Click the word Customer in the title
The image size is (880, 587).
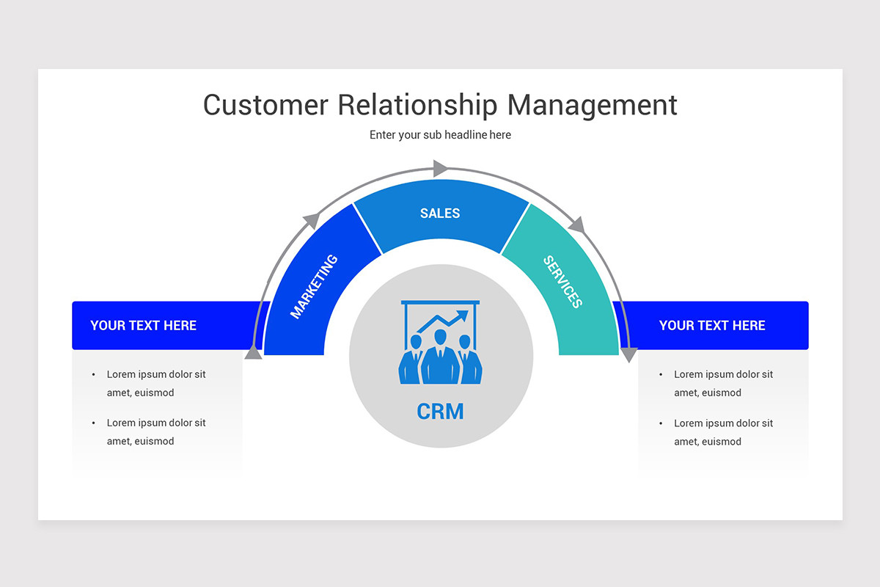pos(265,105)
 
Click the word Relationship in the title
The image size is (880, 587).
pos(417,105)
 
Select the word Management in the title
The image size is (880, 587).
pos(593,105)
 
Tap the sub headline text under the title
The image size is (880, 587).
pos(440,135)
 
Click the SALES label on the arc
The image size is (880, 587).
pos(440,214)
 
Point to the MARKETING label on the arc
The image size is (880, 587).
pos(314,286)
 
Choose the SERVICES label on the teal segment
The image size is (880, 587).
pos(563,282)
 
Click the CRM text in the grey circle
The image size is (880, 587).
pos(440,412)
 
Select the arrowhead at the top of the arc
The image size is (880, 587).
pos(441,169)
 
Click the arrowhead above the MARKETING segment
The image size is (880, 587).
pos(312,220)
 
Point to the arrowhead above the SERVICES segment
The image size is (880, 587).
pos(577,225)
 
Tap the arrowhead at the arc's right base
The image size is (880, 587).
pos(628,355)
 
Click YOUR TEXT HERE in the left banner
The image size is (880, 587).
pos(143,326)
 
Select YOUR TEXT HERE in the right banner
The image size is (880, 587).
pos(711,326)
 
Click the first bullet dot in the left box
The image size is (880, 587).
pos(94,374)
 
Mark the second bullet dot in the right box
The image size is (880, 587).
pos(661,423)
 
